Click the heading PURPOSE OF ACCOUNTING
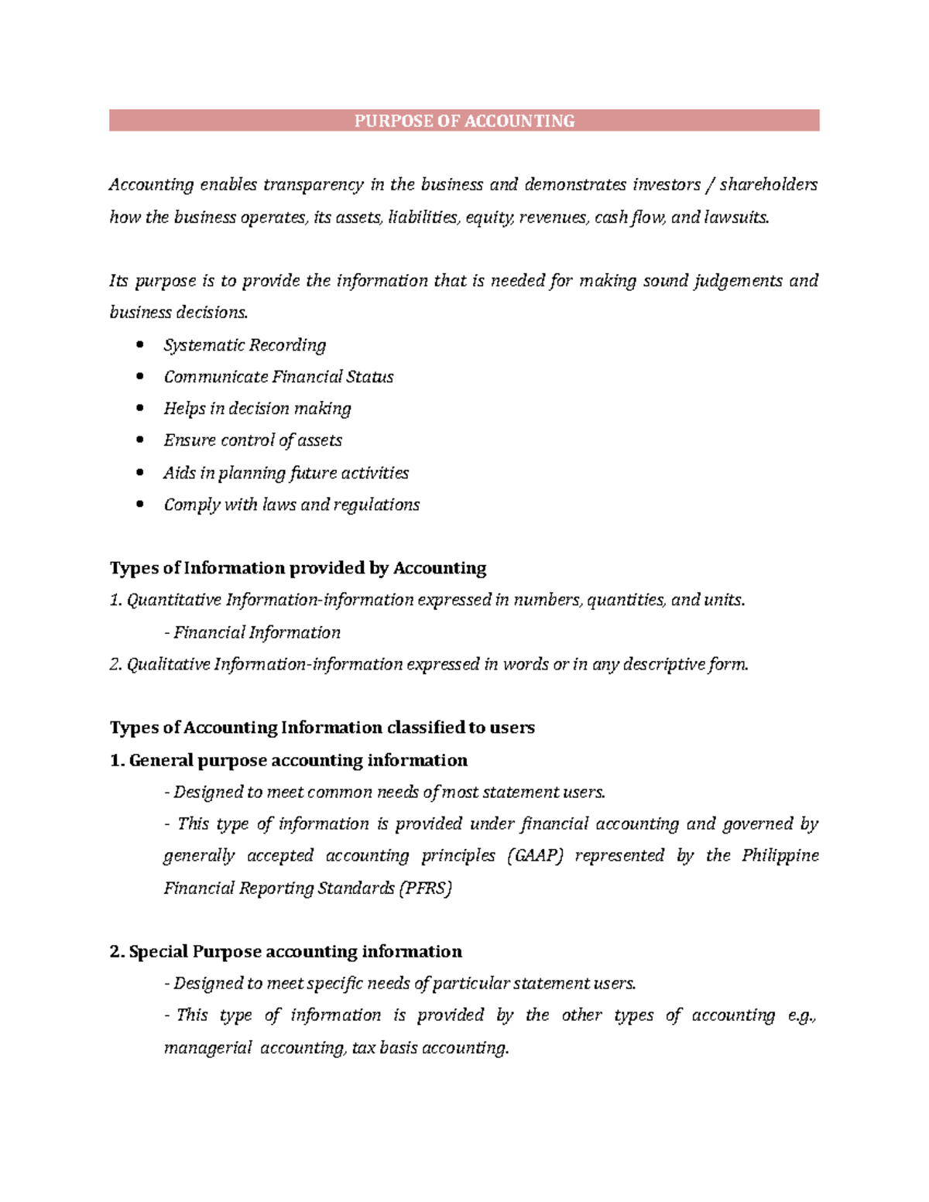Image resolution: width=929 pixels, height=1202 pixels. (464, 121)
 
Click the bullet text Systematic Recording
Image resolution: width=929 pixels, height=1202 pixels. (245, 345)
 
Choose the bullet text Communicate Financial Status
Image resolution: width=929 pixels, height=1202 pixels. (279, 377)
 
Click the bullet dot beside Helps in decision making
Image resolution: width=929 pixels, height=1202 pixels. (140, 408)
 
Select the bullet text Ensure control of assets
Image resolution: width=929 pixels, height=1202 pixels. (252, 440)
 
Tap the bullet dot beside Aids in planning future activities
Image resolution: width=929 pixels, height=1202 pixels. (140, 472)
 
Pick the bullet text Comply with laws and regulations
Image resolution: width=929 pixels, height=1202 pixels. (291, 505)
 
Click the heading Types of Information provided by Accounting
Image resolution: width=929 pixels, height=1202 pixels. (298, 568)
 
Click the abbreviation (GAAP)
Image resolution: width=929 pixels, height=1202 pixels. (534, 855)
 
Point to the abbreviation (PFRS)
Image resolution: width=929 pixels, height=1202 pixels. (425, 888)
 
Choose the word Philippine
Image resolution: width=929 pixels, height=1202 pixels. (780, 855)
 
